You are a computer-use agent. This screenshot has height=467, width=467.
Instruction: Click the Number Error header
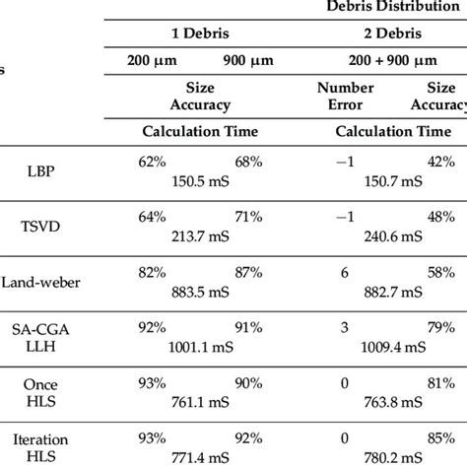347,96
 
